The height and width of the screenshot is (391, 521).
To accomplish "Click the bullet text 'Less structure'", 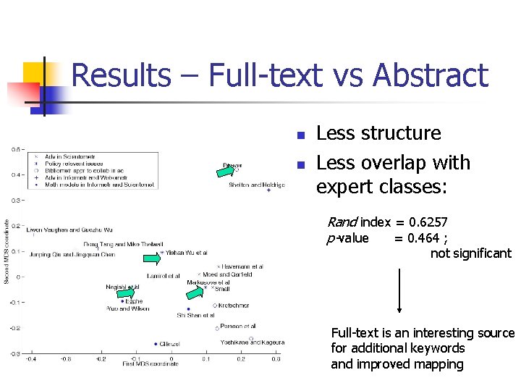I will (x=378, y=133).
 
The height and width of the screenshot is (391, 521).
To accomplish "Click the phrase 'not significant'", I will (x=470, y=253).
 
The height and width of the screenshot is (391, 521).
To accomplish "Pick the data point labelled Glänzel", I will (x=156, y=344).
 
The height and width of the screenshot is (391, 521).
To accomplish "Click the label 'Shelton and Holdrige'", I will (x=256, y=185).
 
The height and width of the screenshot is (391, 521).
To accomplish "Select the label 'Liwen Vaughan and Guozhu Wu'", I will (x=64, y=230).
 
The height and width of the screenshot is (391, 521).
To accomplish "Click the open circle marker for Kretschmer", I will (x=215, y=306).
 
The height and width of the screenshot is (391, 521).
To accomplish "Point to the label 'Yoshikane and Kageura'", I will (x=253, y=342).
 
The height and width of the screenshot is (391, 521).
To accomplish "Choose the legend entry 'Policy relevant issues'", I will (x=73, y=164).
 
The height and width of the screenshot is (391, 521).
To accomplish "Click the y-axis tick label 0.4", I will (x=15, y=175).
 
